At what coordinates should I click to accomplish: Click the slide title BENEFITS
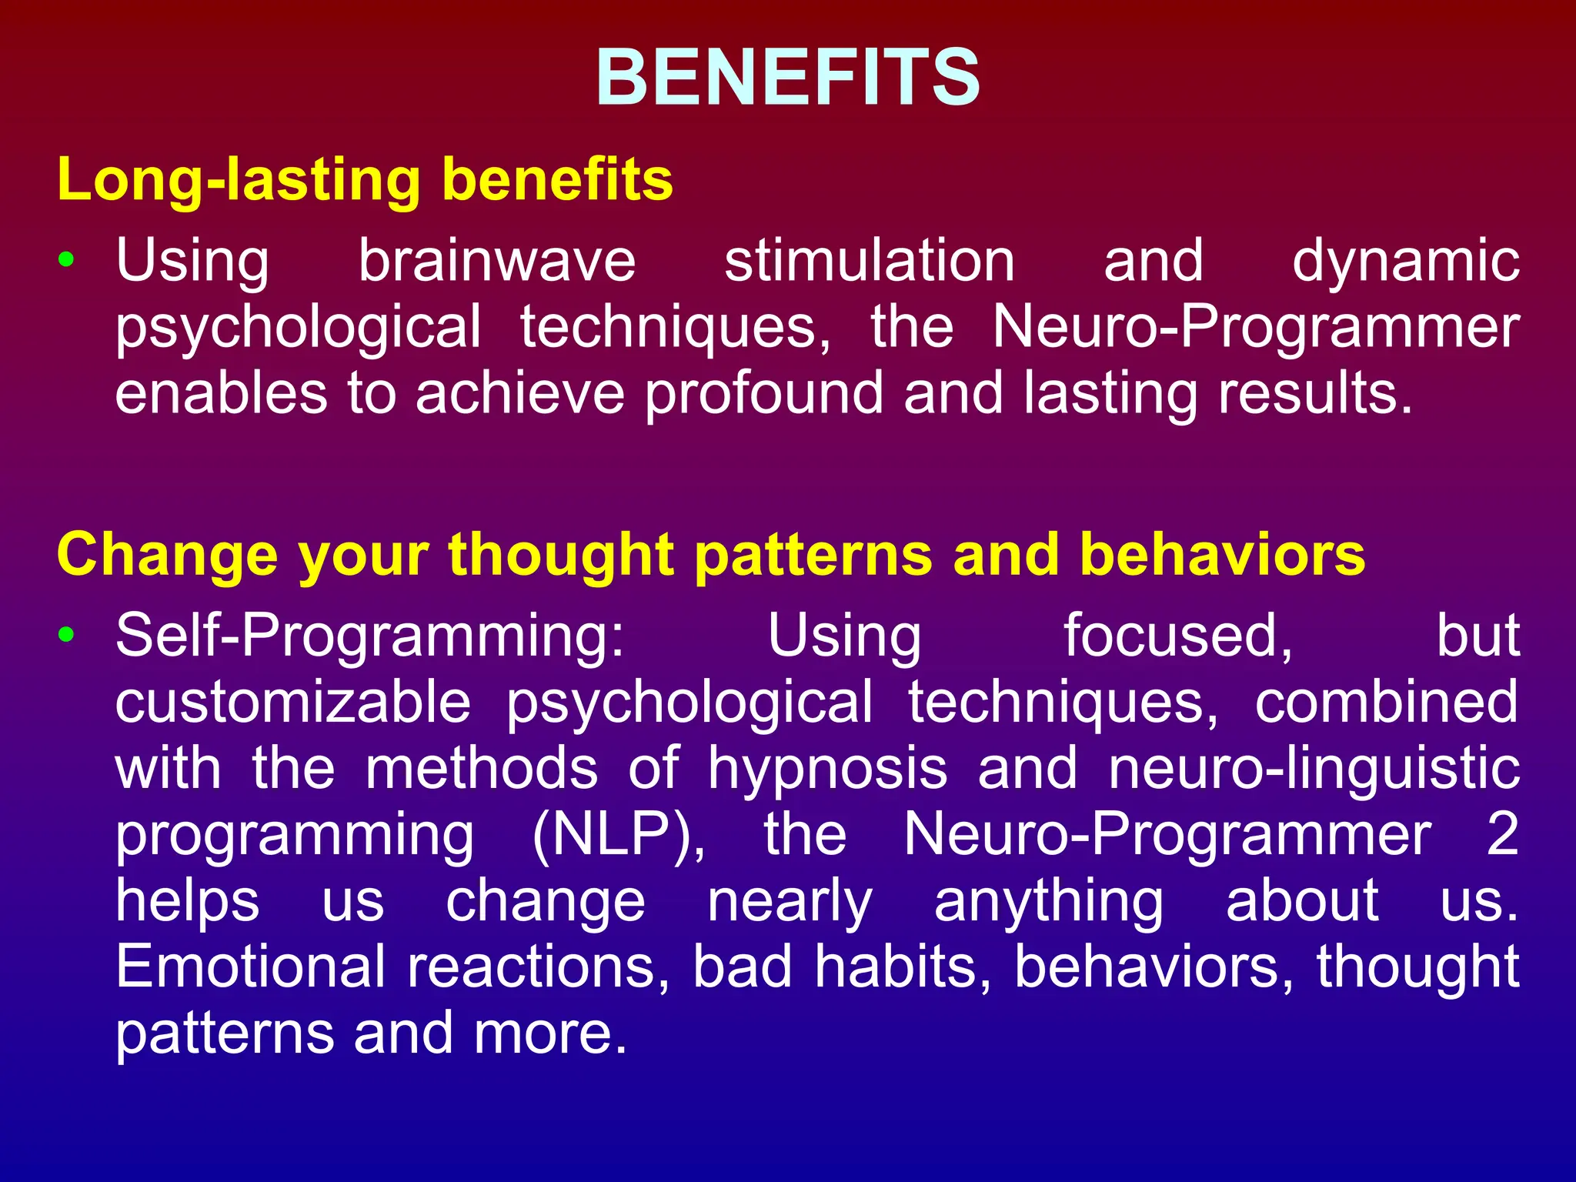788,77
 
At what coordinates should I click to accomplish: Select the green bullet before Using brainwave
67,260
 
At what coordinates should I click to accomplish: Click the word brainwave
497,262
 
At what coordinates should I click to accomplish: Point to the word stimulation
870,262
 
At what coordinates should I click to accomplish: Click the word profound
764,394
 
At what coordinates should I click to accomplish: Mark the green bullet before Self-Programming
67,635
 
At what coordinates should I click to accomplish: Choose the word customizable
293,703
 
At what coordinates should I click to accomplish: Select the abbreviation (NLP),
618,835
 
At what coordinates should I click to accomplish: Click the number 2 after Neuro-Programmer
1502,834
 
